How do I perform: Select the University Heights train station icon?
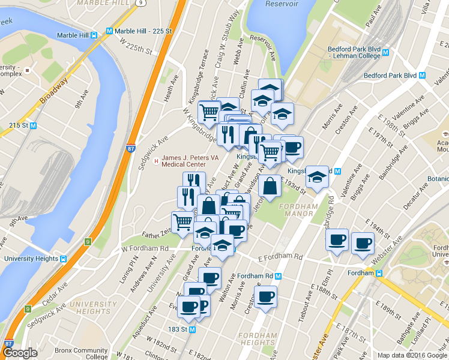click(63, 259)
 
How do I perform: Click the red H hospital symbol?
click(157, 160)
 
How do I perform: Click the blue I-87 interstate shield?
click(130, 148)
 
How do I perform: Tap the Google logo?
click(20, 353)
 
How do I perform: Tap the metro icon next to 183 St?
click(192, 329)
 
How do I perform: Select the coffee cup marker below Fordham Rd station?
click(265, 296)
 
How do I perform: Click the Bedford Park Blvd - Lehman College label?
click(354, 53)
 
